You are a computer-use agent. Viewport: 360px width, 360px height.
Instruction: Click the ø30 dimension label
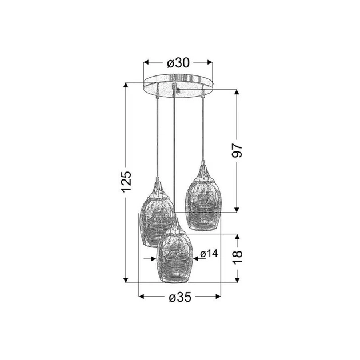pos(178,62)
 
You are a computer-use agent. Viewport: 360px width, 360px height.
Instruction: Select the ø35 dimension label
pos(180,297)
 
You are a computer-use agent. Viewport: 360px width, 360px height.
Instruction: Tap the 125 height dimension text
pos(126,181)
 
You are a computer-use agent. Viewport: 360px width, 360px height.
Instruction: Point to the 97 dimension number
pos(237,151)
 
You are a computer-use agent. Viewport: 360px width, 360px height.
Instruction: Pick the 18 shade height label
pos(238,257)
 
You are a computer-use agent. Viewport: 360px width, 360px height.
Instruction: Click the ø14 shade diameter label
pos(209,254)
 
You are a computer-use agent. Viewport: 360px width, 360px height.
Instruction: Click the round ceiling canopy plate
pos(178,86)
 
